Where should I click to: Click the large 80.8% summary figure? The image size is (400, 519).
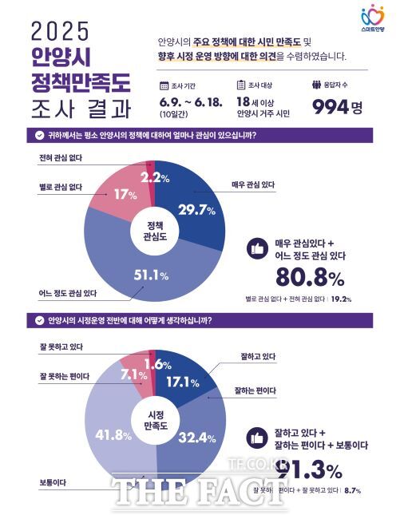click(309, 277)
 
